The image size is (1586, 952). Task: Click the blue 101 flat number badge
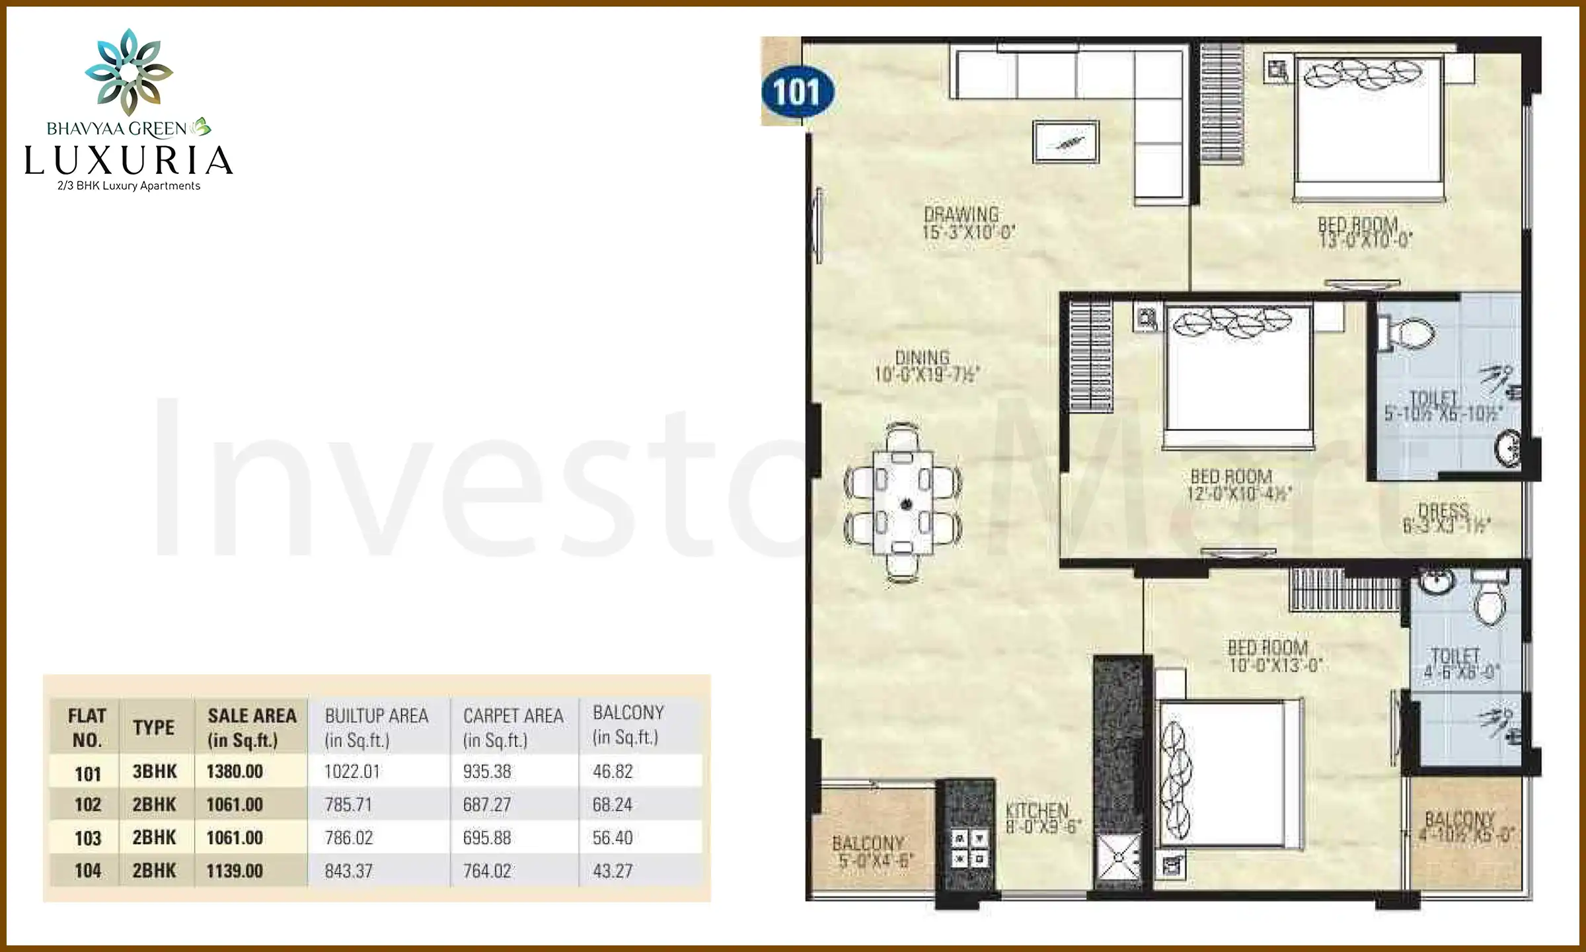797,92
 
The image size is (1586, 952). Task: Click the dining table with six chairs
903,503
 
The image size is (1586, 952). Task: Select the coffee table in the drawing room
1066,142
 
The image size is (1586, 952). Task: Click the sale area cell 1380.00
235,772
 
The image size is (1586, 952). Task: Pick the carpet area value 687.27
487,805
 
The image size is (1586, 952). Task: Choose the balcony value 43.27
613,871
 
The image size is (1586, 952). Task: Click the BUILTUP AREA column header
377,727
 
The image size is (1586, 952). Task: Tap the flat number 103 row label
88,838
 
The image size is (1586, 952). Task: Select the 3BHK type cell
155,772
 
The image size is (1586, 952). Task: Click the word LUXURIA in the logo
129,161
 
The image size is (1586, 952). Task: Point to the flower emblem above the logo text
129,71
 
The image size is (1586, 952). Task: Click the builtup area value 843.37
349,871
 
